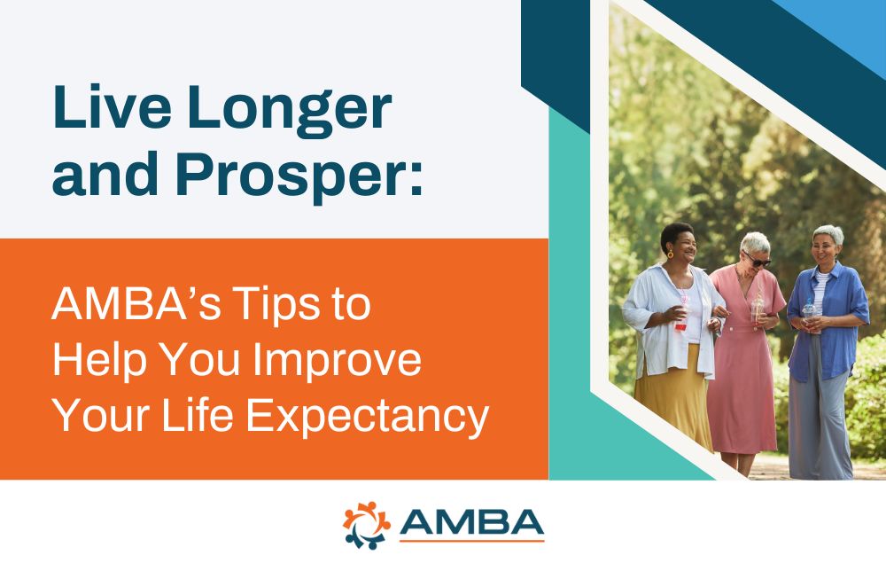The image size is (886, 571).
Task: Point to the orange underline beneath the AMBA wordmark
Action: [x=470, y=540]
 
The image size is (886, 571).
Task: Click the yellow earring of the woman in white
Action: [x=669, y=254]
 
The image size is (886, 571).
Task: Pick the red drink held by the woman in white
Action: [x=680, y=317]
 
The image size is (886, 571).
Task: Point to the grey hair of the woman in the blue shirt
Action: [x=829, y=234]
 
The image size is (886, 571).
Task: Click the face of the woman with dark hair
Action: [x=680, y=243]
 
